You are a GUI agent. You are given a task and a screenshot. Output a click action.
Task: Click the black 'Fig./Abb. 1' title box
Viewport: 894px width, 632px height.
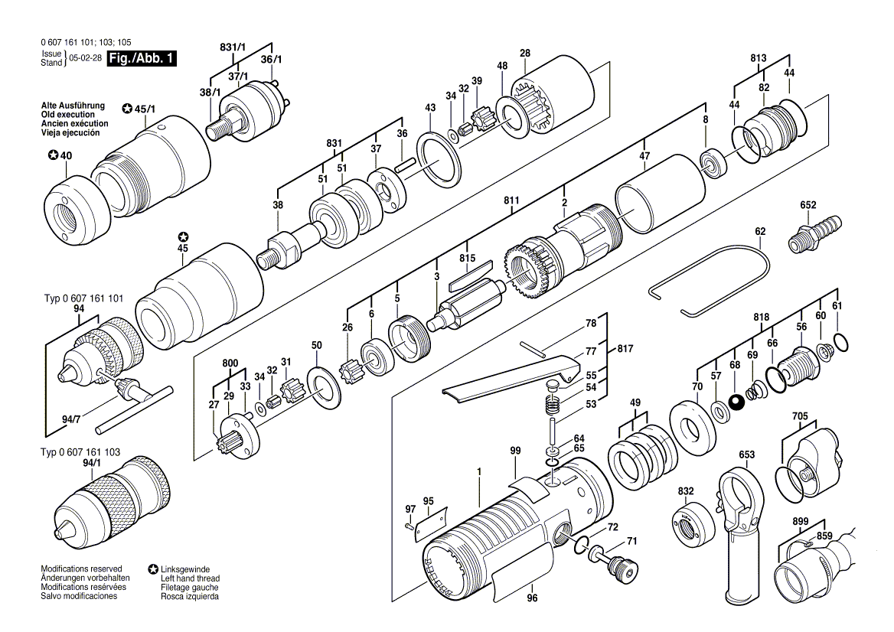(142, 58)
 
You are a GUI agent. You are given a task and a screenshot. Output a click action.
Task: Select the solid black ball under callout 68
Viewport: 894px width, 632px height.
(736, 402)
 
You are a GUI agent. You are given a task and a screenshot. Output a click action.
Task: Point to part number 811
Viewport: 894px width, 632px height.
(511, 200)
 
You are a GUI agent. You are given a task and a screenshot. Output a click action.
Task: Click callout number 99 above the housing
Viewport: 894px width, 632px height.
(515, 451)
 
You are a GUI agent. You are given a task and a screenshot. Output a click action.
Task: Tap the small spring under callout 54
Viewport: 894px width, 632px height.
(553, 405)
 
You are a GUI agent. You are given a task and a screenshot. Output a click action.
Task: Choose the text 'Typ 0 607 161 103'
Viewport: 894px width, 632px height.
(80, 452)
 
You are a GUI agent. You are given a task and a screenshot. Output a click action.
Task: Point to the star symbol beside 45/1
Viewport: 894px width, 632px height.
(127, 109)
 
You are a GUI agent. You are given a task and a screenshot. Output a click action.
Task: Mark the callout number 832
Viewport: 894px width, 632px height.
(686, 491)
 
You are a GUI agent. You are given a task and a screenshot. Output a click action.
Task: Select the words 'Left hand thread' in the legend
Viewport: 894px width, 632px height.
(190, 578)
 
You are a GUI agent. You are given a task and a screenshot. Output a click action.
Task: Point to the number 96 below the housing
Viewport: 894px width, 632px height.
(532, 598)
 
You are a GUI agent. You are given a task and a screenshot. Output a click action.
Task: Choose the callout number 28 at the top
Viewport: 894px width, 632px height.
(525, 53)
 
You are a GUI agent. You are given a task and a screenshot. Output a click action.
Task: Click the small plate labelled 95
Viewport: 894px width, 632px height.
(431, 523)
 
